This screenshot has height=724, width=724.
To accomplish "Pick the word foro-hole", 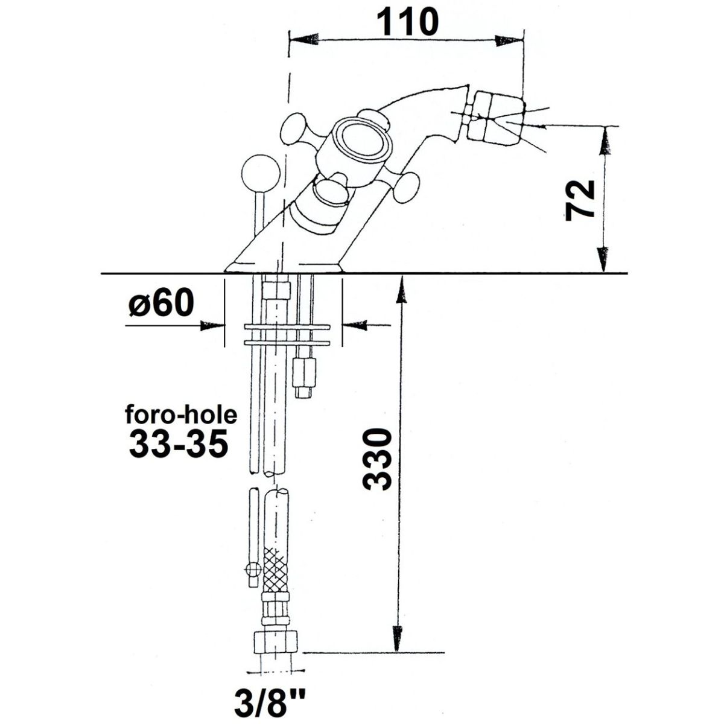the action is coord(181,416).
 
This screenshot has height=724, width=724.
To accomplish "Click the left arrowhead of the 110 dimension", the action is coord(305,39).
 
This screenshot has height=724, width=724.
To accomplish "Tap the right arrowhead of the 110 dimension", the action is coord(509,40).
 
